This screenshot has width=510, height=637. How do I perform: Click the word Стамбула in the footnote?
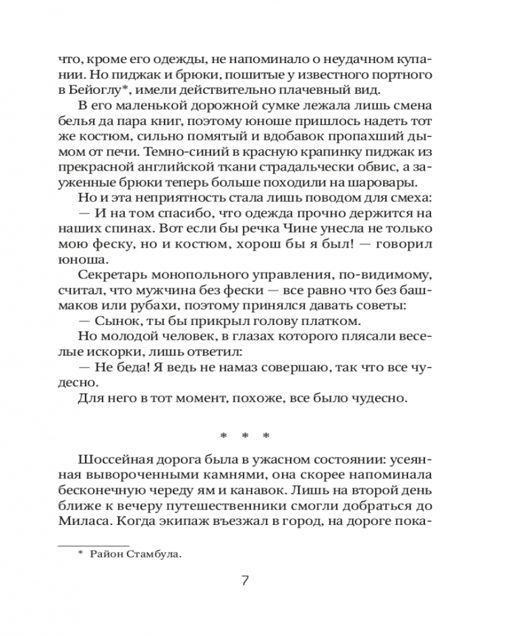[x=154, y=554]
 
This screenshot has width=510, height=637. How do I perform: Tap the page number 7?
[x=245, y=581]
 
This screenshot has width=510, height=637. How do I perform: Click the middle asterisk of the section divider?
[x=245, y=436]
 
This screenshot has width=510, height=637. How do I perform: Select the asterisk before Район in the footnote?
[x=80, y=553]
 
